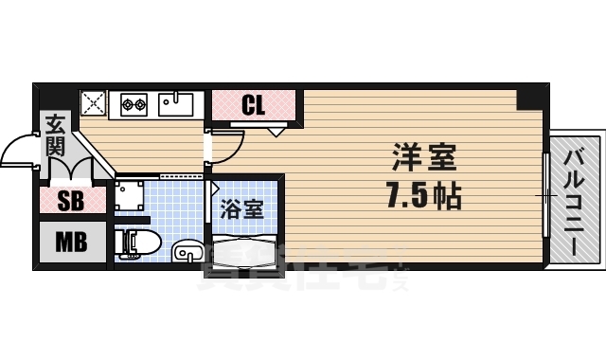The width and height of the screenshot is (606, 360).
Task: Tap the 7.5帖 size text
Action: click(423, 196)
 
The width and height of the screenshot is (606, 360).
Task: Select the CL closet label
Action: click(253, 104)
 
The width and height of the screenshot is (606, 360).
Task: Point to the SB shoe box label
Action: click(70, 201)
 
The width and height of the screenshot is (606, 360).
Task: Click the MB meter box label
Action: click(70, 242)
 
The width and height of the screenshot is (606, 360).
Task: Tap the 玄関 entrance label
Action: click(55, 135)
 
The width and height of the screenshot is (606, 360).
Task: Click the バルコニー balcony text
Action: click(575, 196)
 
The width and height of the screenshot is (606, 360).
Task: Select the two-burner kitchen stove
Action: click(133, 101)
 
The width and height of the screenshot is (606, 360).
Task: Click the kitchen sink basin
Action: click(174, 101)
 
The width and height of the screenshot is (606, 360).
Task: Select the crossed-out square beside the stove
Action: click(93, 101)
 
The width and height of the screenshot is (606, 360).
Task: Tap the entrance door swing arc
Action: click(21, 152)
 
